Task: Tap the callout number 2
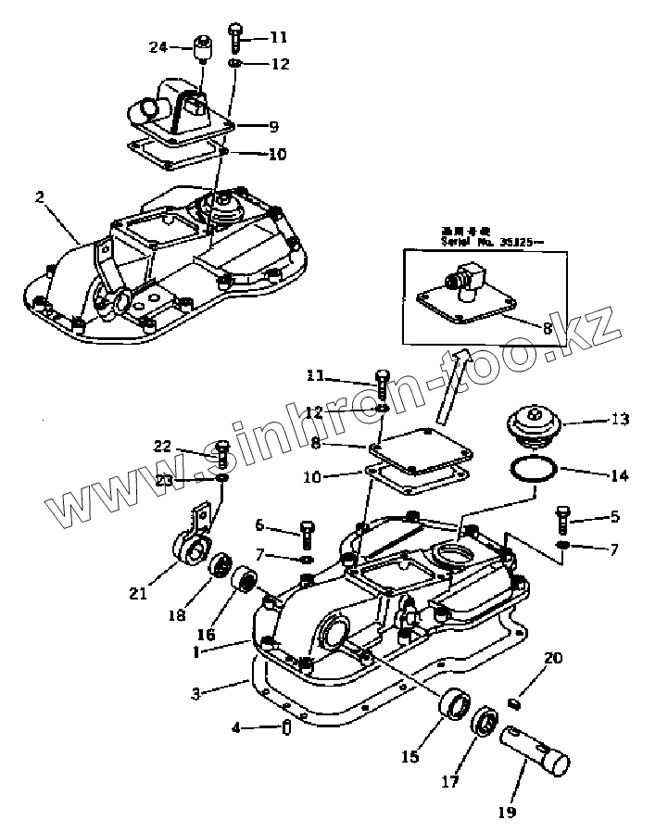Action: pyautogui.click(x=39, y=196)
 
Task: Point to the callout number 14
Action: pyautogui.click(x=619, y=476)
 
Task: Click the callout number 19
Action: pyautogui.click(x=506, y=813)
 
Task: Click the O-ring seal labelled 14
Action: pyautogui.click(x=531, y=469)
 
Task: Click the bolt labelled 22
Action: pyautogui.click(x=222, y=454)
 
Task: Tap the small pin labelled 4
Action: pyautogui.click(x=286, y=727)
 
